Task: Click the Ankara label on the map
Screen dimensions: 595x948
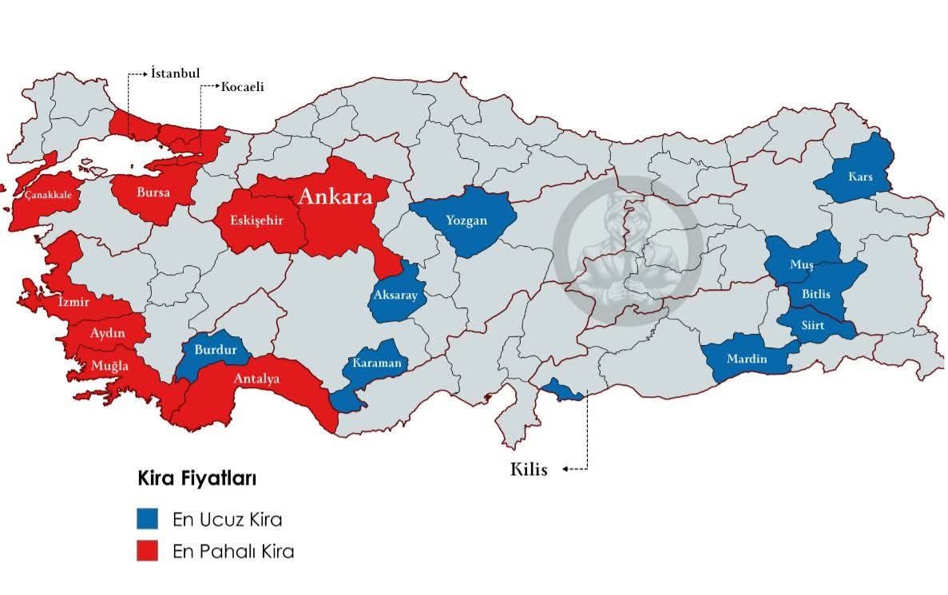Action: (x=335, y=197)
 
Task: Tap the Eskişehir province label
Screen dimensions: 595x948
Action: (x=252, y=220)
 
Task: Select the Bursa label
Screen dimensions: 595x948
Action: (x=153, y=192)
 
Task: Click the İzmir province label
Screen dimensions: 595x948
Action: (x=73, y=302)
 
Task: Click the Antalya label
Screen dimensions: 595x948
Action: (x=256, y=379)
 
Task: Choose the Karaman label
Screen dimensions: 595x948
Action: (x=377, y=363)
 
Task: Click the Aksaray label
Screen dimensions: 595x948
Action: (x=395, y=295)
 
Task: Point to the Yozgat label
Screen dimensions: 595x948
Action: (x=466, y=220)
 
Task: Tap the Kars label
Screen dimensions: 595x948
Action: (x=861, y=177)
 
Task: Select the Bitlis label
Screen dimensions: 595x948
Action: (x=815, y=294)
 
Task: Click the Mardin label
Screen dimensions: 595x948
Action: (x=746, y=359)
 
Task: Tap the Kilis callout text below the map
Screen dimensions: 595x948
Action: (x=529, y=470)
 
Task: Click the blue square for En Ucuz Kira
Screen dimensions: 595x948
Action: (x=146, y=519)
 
